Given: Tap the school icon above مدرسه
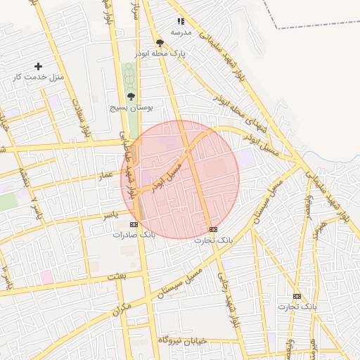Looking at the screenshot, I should point(181,22).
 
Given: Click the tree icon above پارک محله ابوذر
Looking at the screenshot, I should point(160,44).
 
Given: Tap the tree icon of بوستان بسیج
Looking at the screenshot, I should point(131,96).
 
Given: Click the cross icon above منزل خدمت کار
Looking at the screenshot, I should point(38,66).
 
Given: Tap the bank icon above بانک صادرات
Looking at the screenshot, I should point(134,224).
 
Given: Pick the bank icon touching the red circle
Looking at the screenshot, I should point(213,229).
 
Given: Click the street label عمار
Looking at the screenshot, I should point(105,173).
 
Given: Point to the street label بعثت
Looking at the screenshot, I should point(116,276).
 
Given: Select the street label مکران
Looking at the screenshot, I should point(122,307).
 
